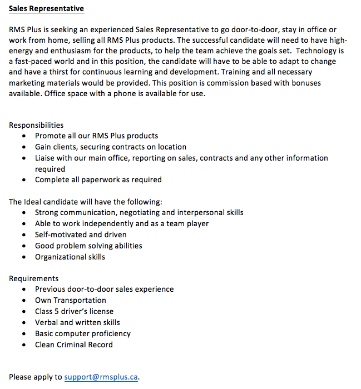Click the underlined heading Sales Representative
click(46, 9)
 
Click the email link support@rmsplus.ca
click(101, 377)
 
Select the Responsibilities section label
click(36, 125)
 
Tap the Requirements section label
click(33, 278)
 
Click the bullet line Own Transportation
click(70, 300)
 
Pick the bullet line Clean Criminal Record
click(73, 345)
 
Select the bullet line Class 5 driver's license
click(74, 311)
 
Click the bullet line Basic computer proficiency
click(82, 333)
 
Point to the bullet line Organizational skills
click(70, 257)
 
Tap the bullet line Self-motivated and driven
click(80, 235)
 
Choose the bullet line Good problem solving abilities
click(88, 246)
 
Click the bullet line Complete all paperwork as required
click(98, 179)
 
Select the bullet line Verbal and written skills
click(77, 322)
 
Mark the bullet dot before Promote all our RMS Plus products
click(23, 136)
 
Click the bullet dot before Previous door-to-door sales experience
click(23, 290)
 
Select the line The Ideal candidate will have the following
click(85, 202)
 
